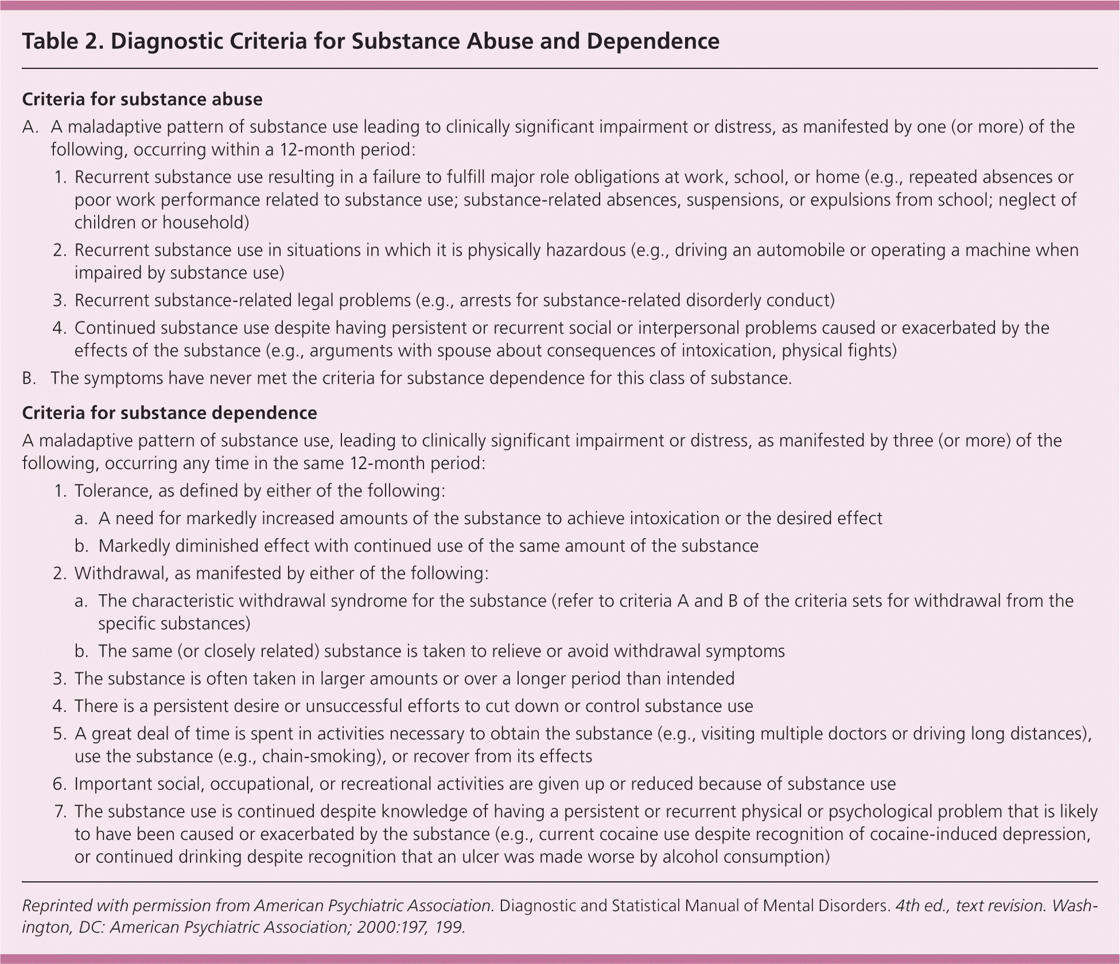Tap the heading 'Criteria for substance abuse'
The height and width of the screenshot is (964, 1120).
pyautogui.click(x=142, y=99)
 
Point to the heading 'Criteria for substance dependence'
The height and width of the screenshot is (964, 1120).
pyautogui.click(x=169, y=413)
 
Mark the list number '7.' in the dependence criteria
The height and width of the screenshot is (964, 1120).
pyautogui.click(x=61, y=811)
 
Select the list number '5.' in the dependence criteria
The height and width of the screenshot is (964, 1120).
pyautogui.click(x=61, y=734)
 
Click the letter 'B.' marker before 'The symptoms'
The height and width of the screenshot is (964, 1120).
pyautogui.click(x=30, y=378)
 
